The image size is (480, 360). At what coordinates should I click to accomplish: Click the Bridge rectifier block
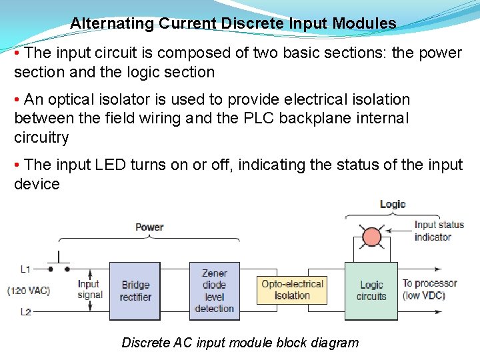point(135,291)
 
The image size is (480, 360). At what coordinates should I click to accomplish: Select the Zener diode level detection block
point(214,291)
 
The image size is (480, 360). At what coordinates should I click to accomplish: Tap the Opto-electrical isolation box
point(292,290)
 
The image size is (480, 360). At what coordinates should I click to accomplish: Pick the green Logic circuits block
point(371,291)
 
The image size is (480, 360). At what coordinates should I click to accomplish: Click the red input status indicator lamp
point(371,237)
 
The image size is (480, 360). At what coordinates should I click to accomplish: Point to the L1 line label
point(25,269)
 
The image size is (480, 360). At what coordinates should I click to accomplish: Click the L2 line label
point(25,312)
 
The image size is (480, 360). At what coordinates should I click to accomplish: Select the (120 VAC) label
point(29,291)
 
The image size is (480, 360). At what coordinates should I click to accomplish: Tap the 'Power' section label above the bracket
point(149,227)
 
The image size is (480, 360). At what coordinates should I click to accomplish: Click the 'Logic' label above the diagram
point(392,204)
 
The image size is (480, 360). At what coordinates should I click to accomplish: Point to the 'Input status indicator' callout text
point(438,231)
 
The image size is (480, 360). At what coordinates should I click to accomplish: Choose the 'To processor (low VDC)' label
point(429,289)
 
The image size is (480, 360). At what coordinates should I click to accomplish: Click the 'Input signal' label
point(89,289)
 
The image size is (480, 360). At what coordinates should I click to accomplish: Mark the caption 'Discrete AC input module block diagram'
point(240,343)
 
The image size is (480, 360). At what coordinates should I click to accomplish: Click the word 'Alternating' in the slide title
point(112,23)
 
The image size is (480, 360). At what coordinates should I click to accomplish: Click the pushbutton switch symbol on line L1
point(59,264)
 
